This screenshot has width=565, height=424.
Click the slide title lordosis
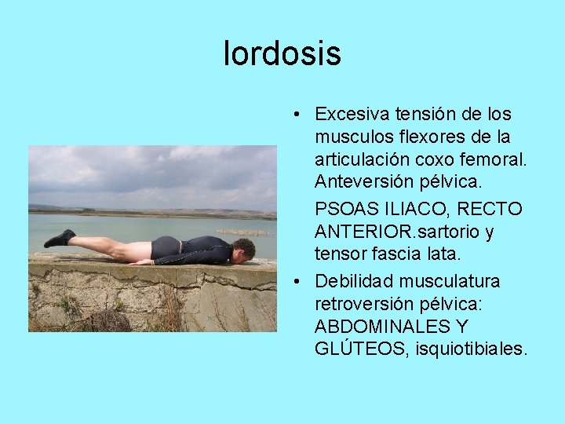click(282, 53)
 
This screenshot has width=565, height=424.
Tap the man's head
click(244, 249)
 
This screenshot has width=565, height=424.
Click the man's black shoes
click(60, 239)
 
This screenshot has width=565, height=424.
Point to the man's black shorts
click(166, 249)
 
